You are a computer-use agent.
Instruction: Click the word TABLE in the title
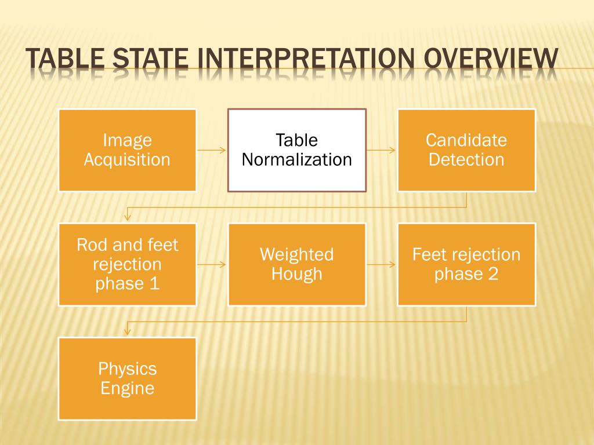[64, 61]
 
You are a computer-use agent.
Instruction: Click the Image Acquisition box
[127, 150]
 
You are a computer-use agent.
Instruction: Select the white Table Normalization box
[296, 150]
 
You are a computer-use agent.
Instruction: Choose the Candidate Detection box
[466, 150]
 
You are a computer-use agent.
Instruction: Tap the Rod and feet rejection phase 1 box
[127, 264]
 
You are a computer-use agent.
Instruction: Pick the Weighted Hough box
[296, 264]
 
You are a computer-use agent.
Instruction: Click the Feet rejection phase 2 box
[466, 264]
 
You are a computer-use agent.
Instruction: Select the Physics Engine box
[127, 378]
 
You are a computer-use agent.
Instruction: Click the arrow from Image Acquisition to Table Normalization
[212, 151]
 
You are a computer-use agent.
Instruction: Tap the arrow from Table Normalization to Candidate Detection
[381, 151]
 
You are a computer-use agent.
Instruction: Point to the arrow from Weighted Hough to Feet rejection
[381, 265]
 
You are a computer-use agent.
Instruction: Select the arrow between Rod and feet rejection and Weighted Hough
[212, 265]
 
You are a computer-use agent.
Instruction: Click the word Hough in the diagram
[296, 274]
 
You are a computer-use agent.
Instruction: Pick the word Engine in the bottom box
[127, 388]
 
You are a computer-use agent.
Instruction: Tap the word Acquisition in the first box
[127, 160]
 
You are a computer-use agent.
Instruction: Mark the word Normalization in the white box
[296, 160]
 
